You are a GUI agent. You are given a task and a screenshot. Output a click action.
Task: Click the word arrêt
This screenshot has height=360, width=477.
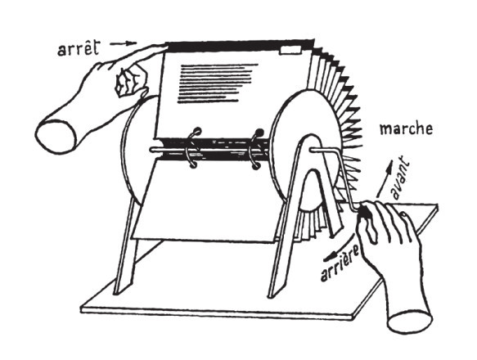point(79,49)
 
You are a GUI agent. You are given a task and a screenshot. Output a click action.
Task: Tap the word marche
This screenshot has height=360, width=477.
point(406,128)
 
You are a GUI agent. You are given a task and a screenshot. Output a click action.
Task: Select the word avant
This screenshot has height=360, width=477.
point(401,178)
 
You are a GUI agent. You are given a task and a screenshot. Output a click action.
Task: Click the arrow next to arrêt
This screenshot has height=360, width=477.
point(124,43)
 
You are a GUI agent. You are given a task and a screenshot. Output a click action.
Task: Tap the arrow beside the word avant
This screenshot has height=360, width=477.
point(384,179)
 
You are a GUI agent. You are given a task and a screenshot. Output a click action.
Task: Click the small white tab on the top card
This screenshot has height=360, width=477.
point(290,51)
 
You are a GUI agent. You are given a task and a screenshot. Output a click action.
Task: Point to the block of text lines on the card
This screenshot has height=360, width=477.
point(217,83)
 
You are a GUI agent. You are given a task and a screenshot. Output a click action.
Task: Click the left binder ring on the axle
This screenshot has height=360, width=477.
point(192,147)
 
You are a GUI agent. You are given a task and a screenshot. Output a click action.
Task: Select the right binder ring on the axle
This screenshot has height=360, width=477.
point(255,149)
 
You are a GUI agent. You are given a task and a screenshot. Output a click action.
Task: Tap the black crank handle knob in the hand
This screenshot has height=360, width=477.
point(364,211)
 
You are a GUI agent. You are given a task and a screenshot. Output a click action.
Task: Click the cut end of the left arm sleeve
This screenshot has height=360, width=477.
point(56,137)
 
